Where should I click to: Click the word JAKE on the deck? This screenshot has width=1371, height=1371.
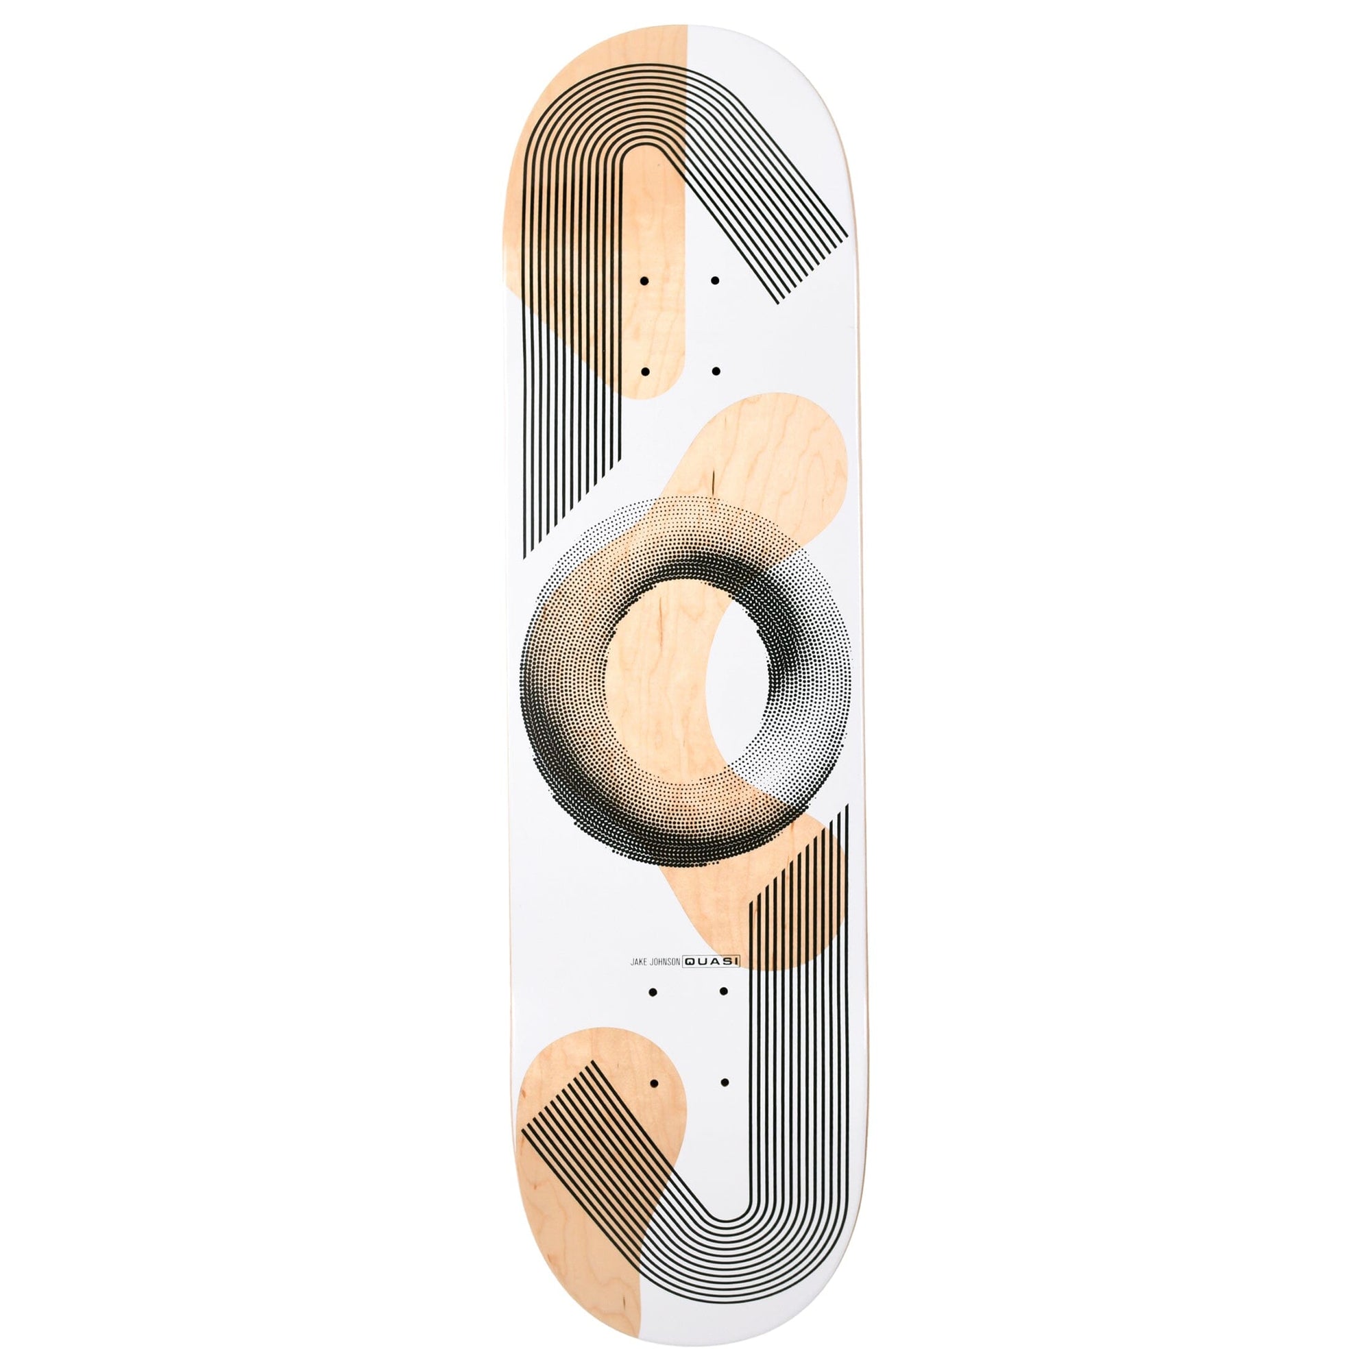631,962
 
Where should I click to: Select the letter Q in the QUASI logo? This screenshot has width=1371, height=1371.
689,962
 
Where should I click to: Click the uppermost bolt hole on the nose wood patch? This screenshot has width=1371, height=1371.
645,281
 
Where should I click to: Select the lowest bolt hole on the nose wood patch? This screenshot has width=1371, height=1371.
645,370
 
